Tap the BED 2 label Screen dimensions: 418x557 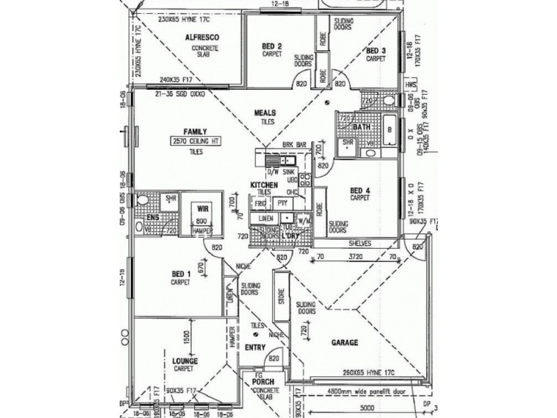tap(271, 46)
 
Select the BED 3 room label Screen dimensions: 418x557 tap(375, 51)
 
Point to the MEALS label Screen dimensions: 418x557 tap(265, 112)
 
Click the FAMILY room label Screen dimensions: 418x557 tap(194, 132)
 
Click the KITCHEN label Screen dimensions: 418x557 tap(265, 184)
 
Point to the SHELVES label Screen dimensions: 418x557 tap(360, 243)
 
